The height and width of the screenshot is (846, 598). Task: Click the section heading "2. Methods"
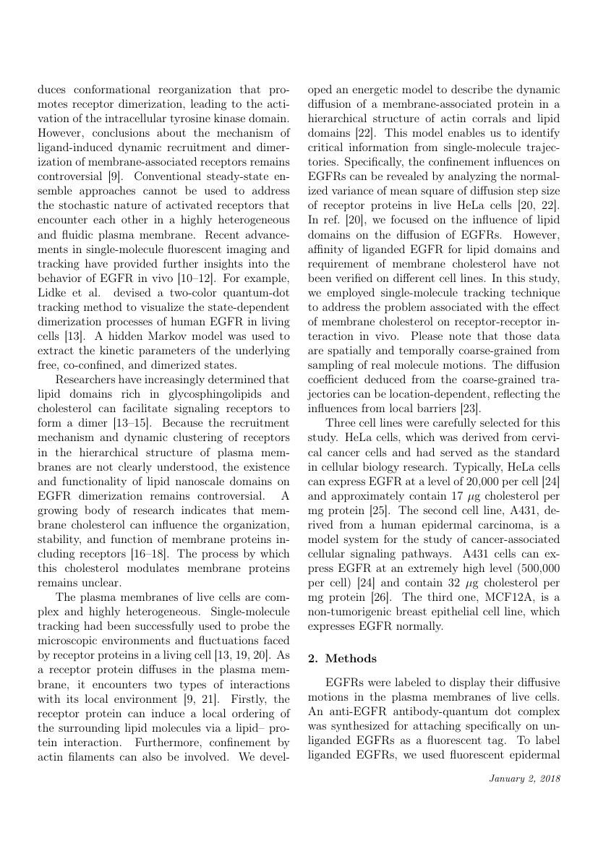click(x=341, y=659)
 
